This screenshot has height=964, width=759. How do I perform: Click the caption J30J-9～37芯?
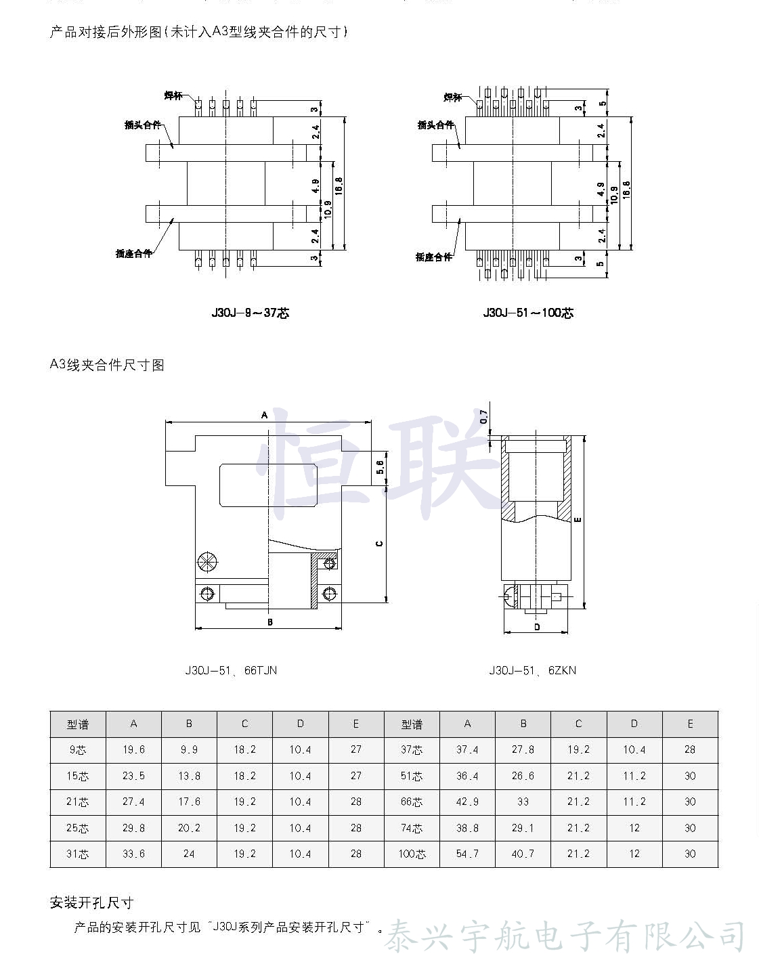click(x=250, y=313)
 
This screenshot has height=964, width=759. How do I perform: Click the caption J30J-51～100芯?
click(x=528, y=313)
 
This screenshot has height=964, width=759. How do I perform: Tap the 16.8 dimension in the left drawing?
click(x=339, y=185)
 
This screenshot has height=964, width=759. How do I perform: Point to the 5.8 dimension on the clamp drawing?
click(x=380, y=467)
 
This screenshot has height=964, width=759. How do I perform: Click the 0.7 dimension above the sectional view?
click(x=483, y=417)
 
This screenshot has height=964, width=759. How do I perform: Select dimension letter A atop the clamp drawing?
click(x=265, y=414)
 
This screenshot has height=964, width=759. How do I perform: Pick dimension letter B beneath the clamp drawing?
click(x=269, y=621)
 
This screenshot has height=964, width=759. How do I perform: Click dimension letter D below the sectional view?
click(x=537, y=627)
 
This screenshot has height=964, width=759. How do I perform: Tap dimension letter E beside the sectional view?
click(x=578, y=520)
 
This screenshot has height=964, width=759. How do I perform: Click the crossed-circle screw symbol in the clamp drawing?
click(x=207, y=562)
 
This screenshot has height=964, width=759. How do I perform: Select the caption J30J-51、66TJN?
click(x=231, y=670)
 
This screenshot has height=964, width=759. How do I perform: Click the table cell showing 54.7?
click(x=467, y=854)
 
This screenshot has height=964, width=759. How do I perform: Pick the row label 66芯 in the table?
click(x=412, y=802)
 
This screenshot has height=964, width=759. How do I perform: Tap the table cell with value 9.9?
click(x=189, y=749)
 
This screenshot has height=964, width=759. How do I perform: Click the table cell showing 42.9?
click(x=467, y=802)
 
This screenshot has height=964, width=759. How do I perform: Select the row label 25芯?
click(x=77, y=828)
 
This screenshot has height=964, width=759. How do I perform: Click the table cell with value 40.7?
click(x=523, y=854)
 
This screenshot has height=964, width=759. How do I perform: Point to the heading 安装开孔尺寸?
click(x=92, y=902)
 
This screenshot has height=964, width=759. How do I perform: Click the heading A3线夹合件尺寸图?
click(x=107, y=366)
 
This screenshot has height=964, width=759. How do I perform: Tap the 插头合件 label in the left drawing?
click(x=143, y=125)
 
